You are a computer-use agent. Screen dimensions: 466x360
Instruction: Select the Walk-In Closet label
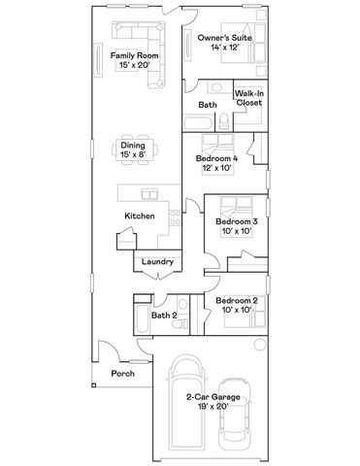[x=248, y=97]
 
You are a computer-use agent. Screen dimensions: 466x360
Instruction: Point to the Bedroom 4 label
[x=216, y=157]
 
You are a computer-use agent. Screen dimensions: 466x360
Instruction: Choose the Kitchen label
[x=139, y=216]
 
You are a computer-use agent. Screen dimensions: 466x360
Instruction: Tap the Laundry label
[x=156, y=261]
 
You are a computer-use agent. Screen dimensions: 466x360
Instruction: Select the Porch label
[x=122, y=373]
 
